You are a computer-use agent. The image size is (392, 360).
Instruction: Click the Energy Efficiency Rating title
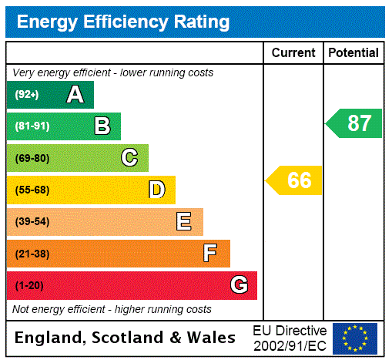click(x=123, y=22)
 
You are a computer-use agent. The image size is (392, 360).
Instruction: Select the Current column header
click(x=293, y=53)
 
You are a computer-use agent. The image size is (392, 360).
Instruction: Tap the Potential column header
click(x=353, y=53)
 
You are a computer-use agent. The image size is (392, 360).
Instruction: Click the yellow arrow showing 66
click(x=295, y=180)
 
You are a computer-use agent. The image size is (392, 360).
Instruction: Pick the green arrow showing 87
click(x=355, y=123)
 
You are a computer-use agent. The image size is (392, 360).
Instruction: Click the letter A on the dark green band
click(x=75, y=95)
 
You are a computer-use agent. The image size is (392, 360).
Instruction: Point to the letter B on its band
click(x=102, y=126)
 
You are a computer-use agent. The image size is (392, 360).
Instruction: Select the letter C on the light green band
click(x=129, y=158)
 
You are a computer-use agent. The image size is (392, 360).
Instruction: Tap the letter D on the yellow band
click(x=156, y=190)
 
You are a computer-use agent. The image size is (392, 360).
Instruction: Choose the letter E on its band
click(x=184, y=222)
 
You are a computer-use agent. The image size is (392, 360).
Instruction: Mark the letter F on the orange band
click(x=210, y=254)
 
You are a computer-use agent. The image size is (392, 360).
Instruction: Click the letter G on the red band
click(x=239, y=286)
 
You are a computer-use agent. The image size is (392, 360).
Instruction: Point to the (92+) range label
click(x=27, y=95)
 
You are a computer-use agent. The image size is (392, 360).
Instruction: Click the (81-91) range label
click(x=32, y=126)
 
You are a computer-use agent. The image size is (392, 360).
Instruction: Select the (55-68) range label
click(x=32, y=190)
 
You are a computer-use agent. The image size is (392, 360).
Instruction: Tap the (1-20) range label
click(x=29, y=286)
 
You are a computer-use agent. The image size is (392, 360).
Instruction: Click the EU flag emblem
click(x=355, y=338)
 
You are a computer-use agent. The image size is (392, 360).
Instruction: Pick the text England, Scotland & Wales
click(x=126, y=338)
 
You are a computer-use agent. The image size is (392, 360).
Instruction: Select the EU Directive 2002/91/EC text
click(x=290, y=338)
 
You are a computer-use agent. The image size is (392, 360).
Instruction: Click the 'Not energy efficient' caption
click(x=112, y=309)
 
